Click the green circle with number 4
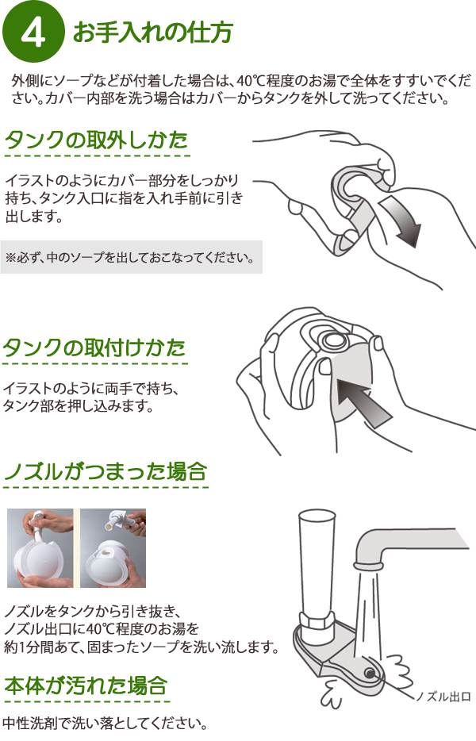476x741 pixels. click(33, 33)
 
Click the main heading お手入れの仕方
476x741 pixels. click(152, 33)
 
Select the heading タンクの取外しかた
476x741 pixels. click(97, 140)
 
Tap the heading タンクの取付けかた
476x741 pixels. click(94, 347)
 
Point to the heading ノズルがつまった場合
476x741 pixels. click(106, 471)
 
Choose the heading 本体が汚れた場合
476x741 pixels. click(86, 685)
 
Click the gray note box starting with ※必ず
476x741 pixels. click(132, 257)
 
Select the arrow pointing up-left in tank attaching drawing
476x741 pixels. click(363, 401)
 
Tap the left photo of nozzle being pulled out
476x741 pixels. click(40, 548)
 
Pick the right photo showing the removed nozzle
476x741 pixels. click(113, 548)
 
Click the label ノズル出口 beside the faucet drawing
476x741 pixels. click(443, 696)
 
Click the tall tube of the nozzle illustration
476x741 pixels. click(316, 562)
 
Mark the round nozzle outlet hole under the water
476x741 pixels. click(369, 673)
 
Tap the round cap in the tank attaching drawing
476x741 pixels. click(332, 340)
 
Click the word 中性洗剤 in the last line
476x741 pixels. click(23, 723)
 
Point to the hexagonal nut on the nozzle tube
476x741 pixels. click(316, 620)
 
